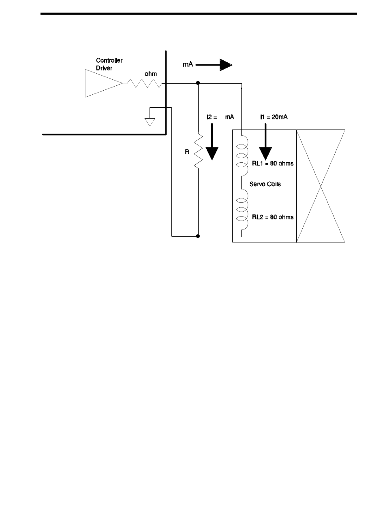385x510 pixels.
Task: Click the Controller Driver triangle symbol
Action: tap(101, 83)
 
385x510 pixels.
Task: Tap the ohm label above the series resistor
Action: tap(151, 74)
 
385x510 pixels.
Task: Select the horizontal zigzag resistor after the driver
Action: tap(145, 83)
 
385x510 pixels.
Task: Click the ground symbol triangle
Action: tap(150, 121)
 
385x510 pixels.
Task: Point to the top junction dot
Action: tap(198, 83)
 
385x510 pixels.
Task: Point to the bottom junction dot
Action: tap(198, 236)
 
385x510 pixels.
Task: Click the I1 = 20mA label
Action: tap(274, 117)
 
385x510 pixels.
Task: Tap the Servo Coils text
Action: tap(265, 184)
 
